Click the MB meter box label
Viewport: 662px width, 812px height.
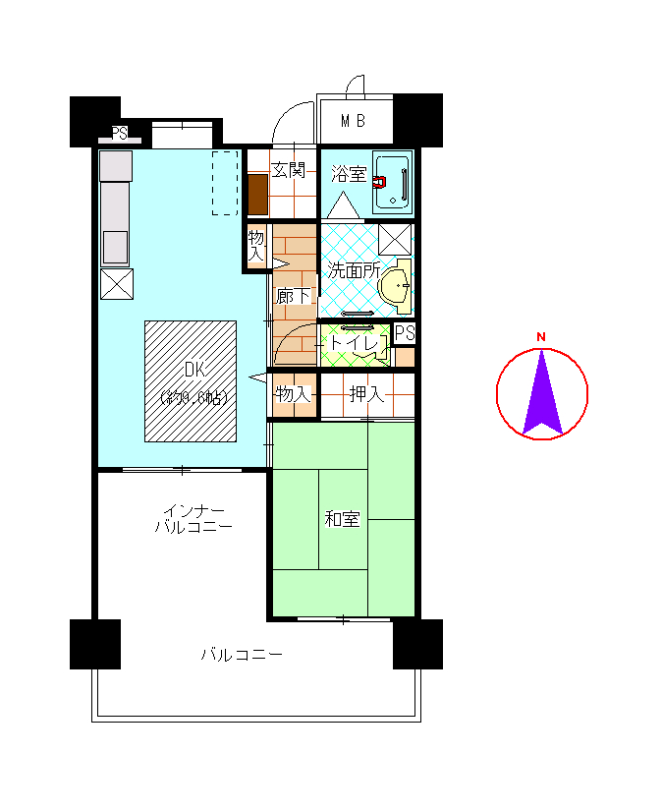pyautogui.click(x=353, y=121)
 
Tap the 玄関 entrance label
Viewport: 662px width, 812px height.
pyautogui.click(x=289, y=169)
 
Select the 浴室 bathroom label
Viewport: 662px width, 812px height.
pyautogui.click(x=349, y=174)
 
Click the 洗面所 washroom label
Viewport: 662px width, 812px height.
pyautogui.click(x=354, y=270)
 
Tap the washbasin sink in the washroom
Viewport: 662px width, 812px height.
pyautogui.click(x=397, y=286)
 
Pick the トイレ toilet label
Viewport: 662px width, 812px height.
pyautogui.click(x=355, y=342)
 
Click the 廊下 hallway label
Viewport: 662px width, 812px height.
pyautogui.click(x=293, y=296)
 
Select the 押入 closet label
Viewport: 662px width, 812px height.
pyautogui.click(x=366, y=394)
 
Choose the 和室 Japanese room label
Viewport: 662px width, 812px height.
pyautogui.click(x=342, y=519)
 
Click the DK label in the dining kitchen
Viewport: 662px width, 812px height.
pyautogui.click(x=194, y=370)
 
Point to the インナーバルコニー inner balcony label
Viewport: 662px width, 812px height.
pyautogui.click(x=193, y=519)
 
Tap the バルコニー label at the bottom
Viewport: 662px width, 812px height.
pyautogui.click(x=242, y=655)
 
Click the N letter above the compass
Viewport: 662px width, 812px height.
pyautogui.click(x=541, y=337)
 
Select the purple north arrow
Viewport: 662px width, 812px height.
pyautogui.click(x=542, y=392)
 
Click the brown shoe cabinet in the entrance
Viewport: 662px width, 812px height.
pyautogui.click(x=257, y=195)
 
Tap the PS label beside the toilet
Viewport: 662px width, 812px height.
pyautogui.click(x=405, y=333)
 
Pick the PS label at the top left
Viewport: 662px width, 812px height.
pyautogui.click(x=119, y=133)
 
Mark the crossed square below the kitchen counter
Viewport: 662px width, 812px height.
pyautogui.click(x=117, y=284)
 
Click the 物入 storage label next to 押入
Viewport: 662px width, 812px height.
pyautogui.click(x=293, y=394)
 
